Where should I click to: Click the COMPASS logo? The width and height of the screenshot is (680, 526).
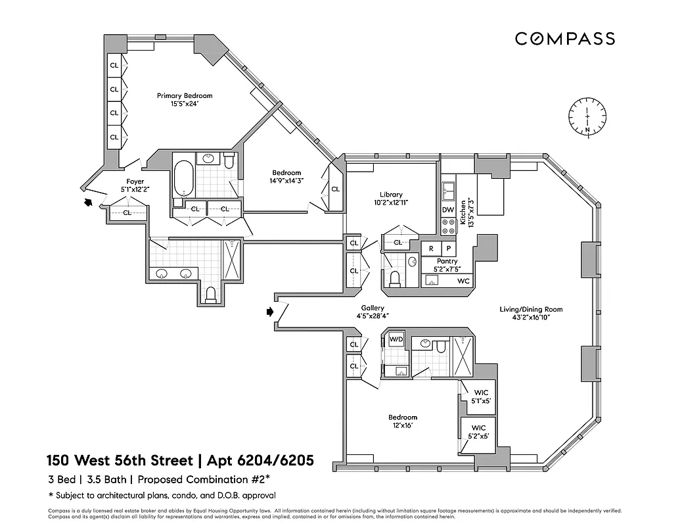pos(564,39)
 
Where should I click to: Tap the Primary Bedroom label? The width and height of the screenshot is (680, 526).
pos(185,95)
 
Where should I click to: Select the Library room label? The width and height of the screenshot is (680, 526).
pos(391,195)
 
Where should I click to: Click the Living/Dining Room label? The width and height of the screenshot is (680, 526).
pos(530,309)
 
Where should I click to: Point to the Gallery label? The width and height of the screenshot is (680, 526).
pos(373,308)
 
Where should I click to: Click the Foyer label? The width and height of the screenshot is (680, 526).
pos(135,181)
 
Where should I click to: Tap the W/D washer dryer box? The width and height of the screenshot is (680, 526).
pos(396,340)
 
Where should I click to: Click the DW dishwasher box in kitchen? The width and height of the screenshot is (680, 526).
pos(448,210)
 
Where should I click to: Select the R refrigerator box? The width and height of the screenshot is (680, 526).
pos(431,249)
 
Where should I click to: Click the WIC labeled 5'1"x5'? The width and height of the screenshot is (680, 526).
pos(478,396)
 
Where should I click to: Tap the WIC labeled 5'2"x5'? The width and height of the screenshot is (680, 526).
pos(478,431)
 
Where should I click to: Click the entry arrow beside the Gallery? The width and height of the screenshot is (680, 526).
pos(270,312)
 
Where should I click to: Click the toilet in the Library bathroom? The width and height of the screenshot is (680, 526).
pos(395,278)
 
